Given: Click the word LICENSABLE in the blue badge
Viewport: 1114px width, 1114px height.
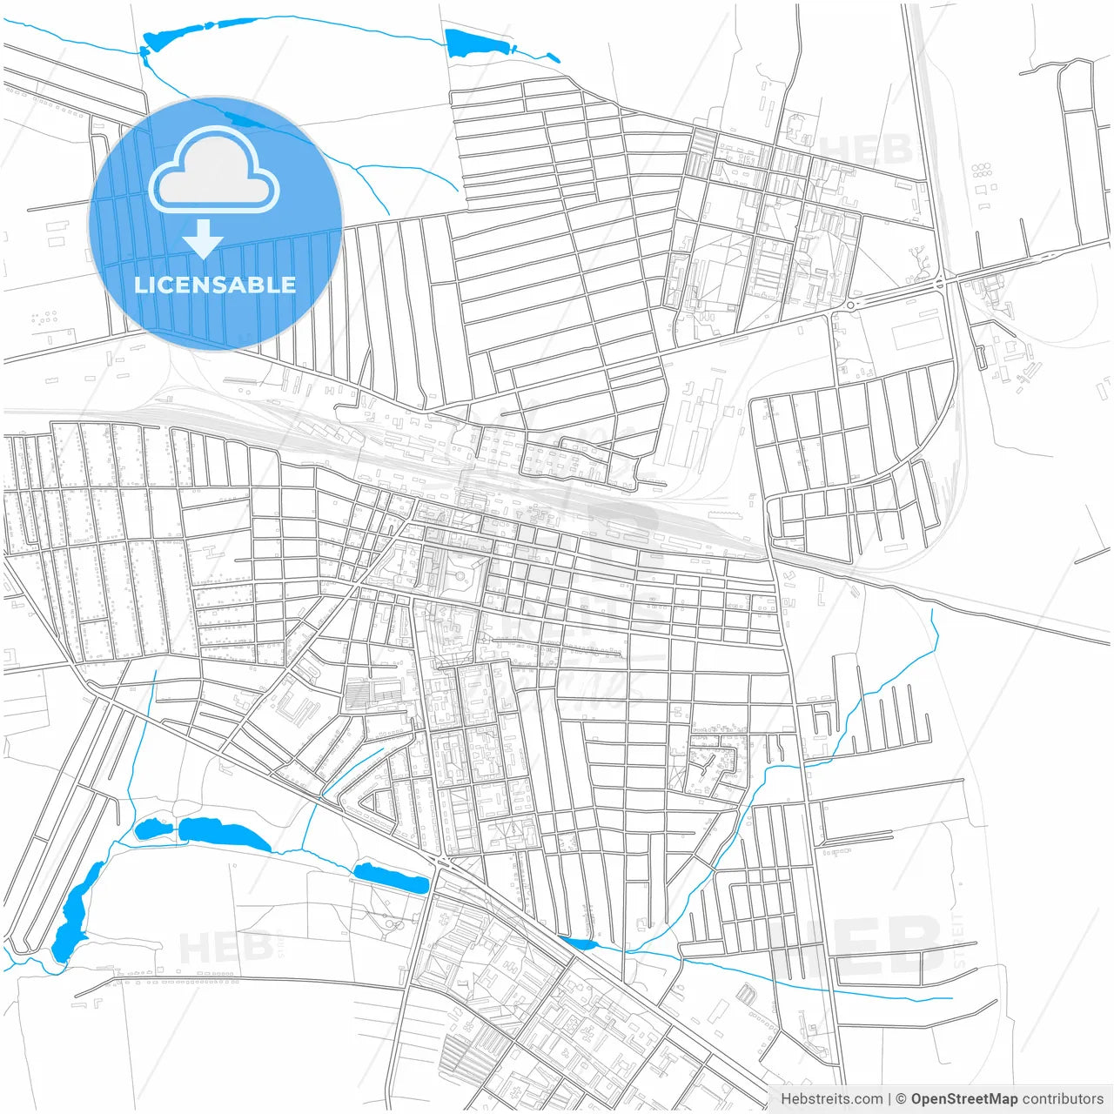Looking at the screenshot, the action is coord(215,285).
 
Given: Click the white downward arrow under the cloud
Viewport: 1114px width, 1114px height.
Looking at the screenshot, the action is coord(203,238).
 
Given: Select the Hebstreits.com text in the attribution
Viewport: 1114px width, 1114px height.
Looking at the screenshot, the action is coord(831,1098).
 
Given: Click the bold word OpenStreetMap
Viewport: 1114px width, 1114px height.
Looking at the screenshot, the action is coord(963,1098).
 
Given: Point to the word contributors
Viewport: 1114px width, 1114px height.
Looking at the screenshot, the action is coord(1062,1098).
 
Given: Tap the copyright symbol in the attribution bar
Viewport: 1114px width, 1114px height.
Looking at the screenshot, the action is coord(901,1098).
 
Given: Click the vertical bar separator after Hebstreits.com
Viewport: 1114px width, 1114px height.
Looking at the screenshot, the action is coord(889,1098).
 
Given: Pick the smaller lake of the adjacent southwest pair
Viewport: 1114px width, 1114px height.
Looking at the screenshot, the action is coord(154,829).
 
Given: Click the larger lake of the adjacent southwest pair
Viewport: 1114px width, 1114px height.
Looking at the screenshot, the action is coord(224,834).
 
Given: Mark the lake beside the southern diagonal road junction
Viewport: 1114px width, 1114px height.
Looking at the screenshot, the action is coord(392,876).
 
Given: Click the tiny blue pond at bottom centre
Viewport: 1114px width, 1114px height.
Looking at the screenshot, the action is coord(580,943).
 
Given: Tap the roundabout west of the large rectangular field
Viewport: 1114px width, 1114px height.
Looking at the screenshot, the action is coord(849,305).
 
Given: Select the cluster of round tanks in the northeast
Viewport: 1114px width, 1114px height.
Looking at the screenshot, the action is coord(982,170).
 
